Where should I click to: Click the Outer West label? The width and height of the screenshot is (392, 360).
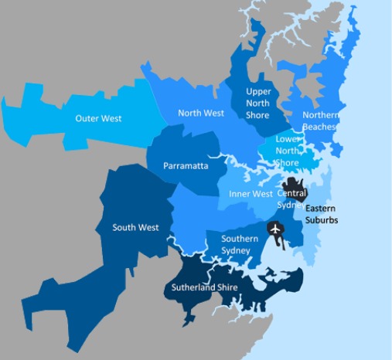click(x=98, y=118)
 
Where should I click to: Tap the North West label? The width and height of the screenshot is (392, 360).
click(x=200, y=113)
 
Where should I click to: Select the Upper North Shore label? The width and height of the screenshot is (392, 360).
click(x=257, y=104)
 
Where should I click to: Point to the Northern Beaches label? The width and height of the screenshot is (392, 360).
click(x=319, y=121)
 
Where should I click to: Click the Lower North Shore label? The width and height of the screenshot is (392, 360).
click(x=287, y=151)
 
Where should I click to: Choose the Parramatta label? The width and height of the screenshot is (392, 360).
click(x=186, y=166)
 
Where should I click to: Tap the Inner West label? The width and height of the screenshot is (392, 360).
click(x=251, y=193)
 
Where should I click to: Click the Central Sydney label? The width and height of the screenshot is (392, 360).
click(x=292, y=198)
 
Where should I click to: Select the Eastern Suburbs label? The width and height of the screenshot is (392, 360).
click(x=322, y=214)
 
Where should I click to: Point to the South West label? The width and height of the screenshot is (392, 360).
click(x=135, y=227)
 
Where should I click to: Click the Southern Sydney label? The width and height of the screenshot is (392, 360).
click(x=240, y=244)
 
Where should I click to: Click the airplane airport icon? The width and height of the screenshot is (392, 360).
click(x=274, y=229)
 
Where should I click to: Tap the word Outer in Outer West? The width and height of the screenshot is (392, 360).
click(x=87, y=118)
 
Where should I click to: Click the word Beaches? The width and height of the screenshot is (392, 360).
click(x=319, y=126)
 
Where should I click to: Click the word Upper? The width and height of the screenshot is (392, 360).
click(x=257, y=91)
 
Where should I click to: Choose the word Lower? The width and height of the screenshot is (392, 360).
click(x=287, y=139)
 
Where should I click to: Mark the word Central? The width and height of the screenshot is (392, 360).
click(x=292, y=192)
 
